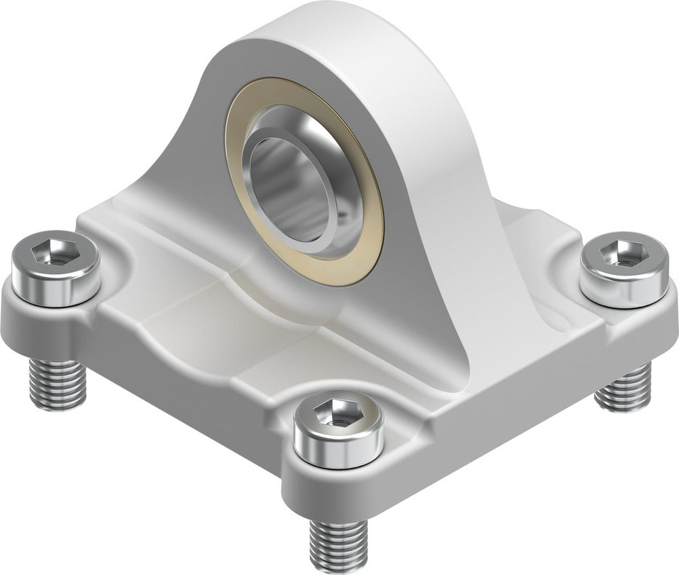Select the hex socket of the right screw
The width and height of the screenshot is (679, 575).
(x=619, y=255)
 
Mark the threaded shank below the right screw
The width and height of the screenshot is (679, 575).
(x=622, y=388)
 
